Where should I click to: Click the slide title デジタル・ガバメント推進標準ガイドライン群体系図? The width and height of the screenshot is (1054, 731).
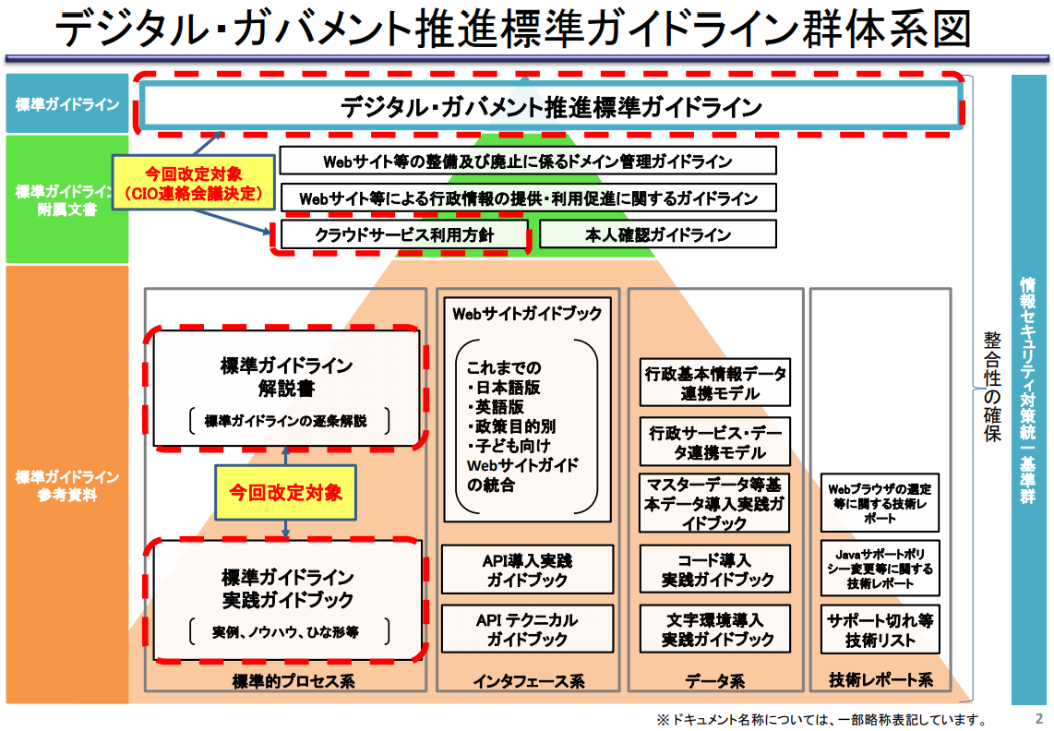click(x=512, y=30)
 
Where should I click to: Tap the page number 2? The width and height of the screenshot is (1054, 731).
click(x=1039, y=718)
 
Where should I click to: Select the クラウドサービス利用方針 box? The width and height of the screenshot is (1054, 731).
click(x=404, y=234)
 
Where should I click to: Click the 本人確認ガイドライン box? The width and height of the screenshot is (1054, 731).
click(x=657, y=234)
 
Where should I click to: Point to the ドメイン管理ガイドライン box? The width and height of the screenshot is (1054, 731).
click(x=527, y=162)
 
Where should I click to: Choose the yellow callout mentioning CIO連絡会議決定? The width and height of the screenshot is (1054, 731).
click(x=195, y=182)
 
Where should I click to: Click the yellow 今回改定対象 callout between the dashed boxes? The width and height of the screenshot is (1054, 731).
click(x=285, y=491)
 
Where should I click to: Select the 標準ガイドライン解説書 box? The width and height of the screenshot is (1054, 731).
click(x=286, y=388)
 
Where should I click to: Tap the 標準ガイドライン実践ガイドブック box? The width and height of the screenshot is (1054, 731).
click(x=287, y=601)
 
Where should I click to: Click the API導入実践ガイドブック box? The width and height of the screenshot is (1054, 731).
click(x=527, y=569)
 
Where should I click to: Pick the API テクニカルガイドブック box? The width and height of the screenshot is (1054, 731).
click(x=527, y=629)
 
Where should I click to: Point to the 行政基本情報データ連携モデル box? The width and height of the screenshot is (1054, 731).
click(x=715, y=383)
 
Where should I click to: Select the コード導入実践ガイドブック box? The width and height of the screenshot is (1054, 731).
click(x=715, y=569)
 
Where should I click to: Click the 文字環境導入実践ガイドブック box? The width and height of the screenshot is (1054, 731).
click(x=715, y=629)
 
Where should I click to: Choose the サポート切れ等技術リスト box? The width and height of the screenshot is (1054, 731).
click(x=880, y=629)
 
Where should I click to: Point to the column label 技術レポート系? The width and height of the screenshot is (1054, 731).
click(x=880, y=681)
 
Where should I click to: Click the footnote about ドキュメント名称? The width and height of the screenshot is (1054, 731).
click(x=821, y=719)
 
